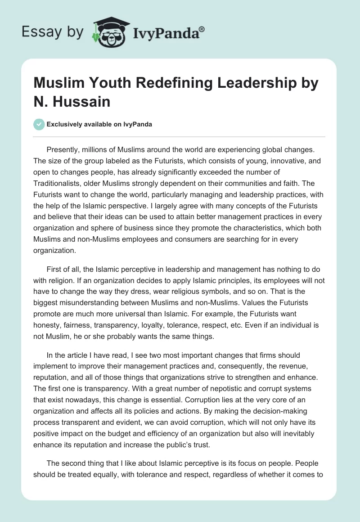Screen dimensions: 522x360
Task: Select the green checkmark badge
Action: point(39,124)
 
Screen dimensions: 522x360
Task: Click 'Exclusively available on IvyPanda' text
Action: point(99,125)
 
